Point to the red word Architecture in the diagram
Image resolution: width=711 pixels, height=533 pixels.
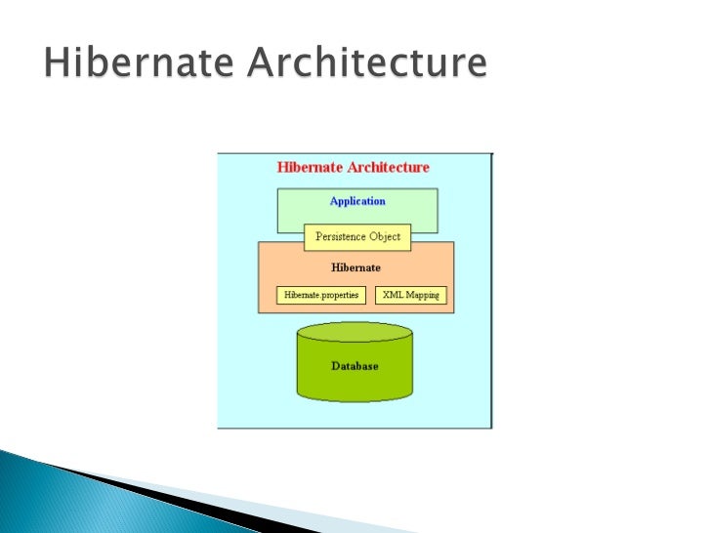pos(390,167)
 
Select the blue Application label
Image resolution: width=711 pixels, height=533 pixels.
pos(357,201)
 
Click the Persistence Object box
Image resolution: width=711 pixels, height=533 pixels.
pos(357,236)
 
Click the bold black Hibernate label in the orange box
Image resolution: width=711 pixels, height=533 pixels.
pos(356,266)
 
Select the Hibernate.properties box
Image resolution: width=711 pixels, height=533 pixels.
pos(320,294)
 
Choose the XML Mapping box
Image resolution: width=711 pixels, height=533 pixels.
pos(410,294)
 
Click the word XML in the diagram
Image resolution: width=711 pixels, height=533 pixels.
pos(392,294)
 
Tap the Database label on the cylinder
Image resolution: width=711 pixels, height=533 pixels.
pos(355,366)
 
